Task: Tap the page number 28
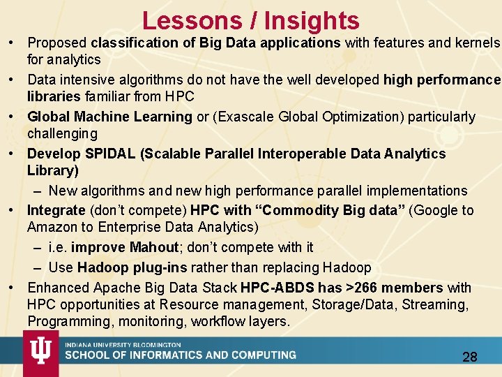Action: click(x=470, y=357)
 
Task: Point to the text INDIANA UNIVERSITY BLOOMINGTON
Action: click(x=123, y=345)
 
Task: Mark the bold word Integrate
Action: click(x=56, y=210)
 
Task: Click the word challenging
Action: click(x=62, y=133)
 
